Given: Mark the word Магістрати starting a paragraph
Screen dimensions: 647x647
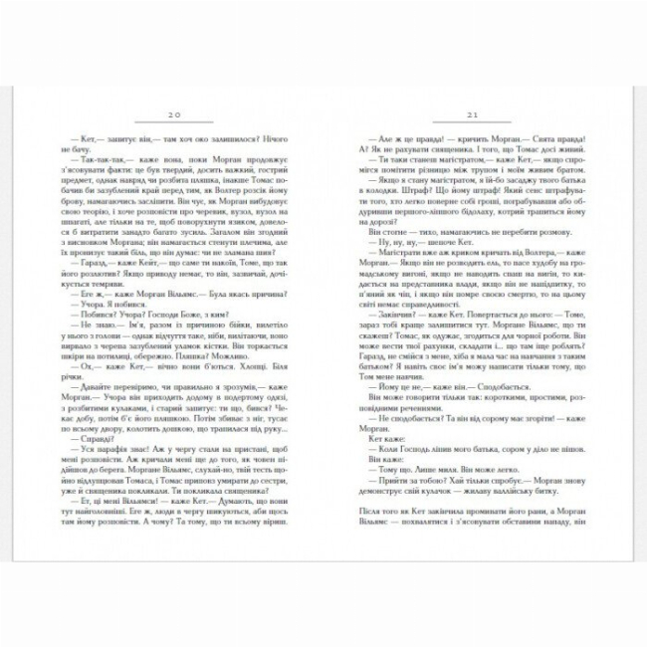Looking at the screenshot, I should (398, 255).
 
